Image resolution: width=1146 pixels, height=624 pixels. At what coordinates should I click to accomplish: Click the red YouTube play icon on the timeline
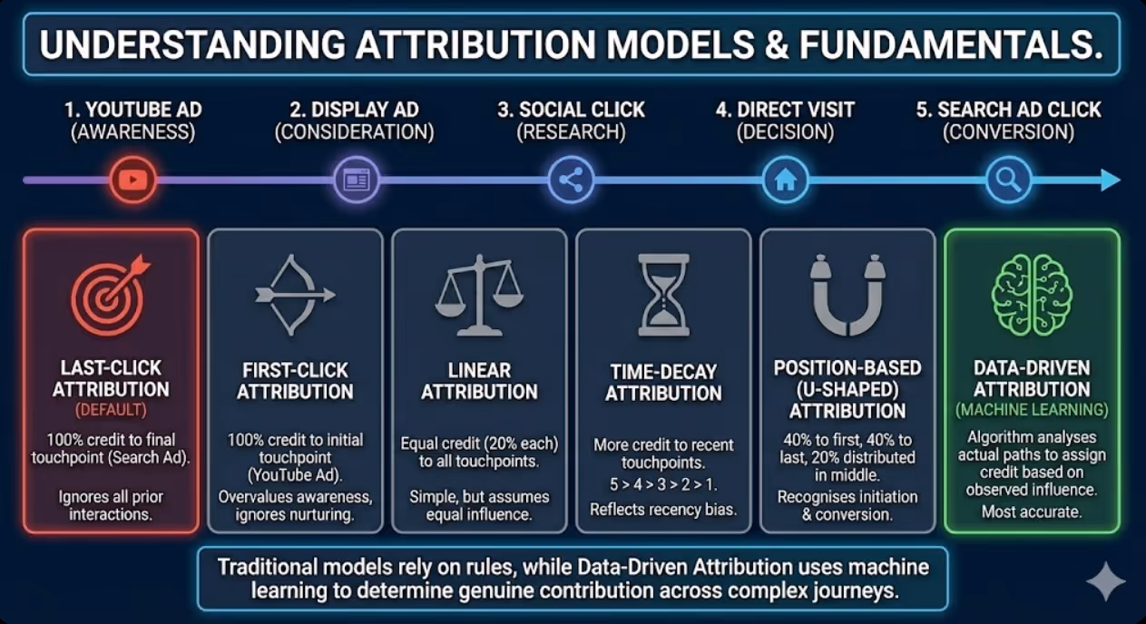tap(133, 180)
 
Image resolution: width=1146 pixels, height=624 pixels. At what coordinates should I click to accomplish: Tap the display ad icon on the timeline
tap(357, 180)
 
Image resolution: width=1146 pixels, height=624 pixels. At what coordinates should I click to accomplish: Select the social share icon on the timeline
tap(571, 180)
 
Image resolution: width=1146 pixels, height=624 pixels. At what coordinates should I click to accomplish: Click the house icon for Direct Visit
tap(785, 180)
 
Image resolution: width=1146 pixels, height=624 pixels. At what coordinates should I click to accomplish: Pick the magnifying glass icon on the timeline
tap(1008, 180)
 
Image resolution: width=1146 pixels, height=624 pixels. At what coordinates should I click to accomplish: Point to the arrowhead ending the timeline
tap(1111, 180)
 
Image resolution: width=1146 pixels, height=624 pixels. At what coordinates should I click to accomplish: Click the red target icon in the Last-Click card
tap(110, 295)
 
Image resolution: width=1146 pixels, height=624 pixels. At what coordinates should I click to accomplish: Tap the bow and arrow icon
tap(294, 295)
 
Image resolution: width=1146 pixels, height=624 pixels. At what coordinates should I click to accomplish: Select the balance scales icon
tap(479, 295)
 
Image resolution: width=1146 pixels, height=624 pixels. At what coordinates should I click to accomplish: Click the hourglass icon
tap(663, 295)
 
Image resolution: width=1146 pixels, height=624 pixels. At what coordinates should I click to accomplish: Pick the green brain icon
tap(1032, 295)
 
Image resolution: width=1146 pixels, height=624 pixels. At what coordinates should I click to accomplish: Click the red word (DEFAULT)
tap(111, 410)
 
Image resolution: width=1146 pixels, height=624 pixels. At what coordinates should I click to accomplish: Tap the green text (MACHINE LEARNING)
tap(1032, 410)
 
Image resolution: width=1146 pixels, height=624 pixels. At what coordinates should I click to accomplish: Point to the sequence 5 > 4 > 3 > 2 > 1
tap(663, 484)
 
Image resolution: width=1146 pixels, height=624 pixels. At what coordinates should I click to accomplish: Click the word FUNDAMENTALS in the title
tap(951, 45)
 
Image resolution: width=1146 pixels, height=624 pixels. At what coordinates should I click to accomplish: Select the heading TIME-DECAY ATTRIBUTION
tap(663, 383)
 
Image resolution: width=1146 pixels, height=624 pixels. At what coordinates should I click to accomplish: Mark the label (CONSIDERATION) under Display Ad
tap(355, 132)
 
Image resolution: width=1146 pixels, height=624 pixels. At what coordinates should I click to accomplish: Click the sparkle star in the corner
tap(1105, 581)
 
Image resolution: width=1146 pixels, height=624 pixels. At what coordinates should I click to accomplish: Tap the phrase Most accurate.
tap(1032, 512)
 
